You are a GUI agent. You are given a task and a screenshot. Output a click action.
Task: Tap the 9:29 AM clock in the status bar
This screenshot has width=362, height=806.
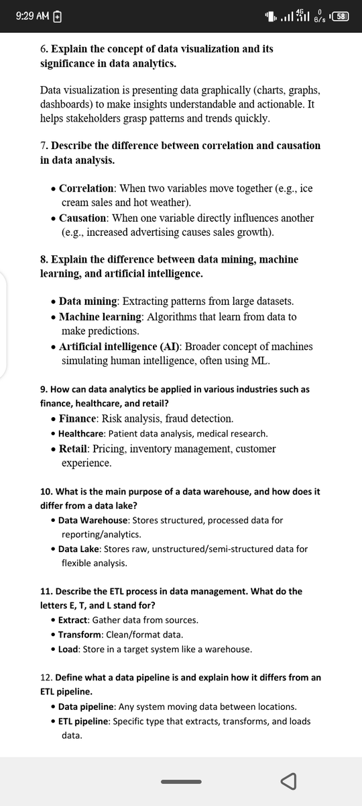(32, 15)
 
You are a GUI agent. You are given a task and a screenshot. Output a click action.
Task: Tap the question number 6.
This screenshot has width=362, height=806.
(44, 49)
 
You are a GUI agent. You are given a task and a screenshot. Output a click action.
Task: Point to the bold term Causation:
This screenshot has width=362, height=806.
(83, 218)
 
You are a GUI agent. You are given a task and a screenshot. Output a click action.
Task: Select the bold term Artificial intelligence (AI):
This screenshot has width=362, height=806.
(120, 347)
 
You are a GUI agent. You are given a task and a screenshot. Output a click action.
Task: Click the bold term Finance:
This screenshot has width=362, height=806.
(79, 418)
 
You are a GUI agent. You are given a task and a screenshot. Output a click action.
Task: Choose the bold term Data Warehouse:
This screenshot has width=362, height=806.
(94, 520)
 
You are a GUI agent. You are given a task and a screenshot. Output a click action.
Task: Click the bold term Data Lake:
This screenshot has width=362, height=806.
(80, 549)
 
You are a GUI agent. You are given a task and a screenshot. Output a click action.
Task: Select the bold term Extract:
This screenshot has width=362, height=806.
(74, 620)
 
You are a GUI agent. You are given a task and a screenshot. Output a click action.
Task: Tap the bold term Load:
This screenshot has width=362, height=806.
(68, 650)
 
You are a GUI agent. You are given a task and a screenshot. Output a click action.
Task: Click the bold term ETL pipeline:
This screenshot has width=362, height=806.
(84, 721)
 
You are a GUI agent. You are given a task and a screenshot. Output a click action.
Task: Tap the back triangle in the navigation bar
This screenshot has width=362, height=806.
(289, 782)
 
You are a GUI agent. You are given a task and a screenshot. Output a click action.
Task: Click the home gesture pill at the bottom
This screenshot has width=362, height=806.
(181, 782)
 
